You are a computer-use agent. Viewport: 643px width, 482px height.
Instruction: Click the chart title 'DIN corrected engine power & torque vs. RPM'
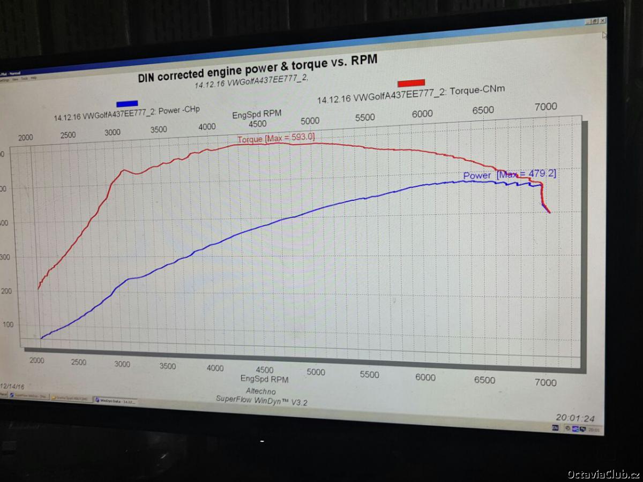click(257, 68)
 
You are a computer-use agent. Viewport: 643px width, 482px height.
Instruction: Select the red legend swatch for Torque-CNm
click(411, 83)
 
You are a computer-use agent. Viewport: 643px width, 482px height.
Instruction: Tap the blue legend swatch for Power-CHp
click(127, 103)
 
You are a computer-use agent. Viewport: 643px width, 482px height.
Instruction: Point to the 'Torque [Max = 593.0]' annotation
click(276, 139)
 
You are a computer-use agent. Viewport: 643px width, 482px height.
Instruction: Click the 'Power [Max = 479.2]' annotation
click(509, 175)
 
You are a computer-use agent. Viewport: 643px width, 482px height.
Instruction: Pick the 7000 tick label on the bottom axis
click(545, 382)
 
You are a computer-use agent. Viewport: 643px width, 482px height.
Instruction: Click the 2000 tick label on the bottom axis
click(36, 360)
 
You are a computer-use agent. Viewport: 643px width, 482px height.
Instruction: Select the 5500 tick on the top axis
click(364, 117)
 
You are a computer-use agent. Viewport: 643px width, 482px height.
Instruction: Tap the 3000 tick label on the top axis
click(113, 132)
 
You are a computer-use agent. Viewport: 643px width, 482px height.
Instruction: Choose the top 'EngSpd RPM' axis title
click(256, 115)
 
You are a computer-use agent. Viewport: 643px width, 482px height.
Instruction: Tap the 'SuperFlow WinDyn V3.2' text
click(261, 400)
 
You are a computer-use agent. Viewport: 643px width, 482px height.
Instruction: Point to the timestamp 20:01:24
click(574, 418)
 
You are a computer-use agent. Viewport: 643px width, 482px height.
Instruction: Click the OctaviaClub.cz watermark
click(603, 474)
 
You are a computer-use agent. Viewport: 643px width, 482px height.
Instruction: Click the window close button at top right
click(603, 20)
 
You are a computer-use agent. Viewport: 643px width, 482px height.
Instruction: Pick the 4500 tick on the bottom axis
click(264, 370)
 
